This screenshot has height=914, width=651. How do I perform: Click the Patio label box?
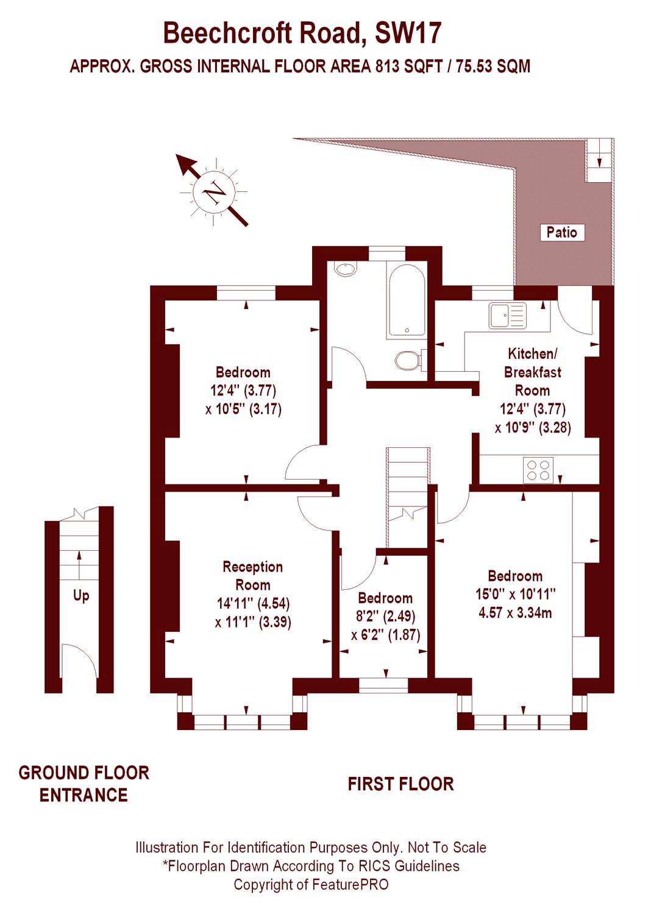coord(561,232)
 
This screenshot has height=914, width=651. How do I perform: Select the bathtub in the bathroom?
coord(405,301)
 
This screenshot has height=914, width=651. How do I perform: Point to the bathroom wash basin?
coord(346,269)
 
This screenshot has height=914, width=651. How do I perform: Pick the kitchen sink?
coord(507,315)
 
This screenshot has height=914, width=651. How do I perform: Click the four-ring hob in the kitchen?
coord(538,470)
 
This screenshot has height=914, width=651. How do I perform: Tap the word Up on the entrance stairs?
coord(81,595)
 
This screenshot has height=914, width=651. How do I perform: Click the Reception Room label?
coord(253,576)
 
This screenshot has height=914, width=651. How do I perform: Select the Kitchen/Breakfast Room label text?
coord(532,372)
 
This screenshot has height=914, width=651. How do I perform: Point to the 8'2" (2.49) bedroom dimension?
coord(385,616)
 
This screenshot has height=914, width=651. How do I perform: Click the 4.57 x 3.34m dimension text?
coord(515,613)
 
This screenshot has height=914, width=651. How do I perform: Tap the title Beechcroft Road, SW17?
coord(302,33)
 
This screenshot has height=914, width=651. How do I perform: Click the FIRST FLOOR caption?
coord(400,784)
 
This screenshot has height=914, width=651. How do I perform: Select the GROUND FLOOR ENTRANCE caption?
coord(84,784)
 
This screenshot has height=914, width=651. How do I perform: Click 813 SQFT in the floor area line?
coord(408,66)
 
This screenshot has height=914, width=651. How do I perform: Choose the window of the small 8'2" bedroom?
coord(383,685)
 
